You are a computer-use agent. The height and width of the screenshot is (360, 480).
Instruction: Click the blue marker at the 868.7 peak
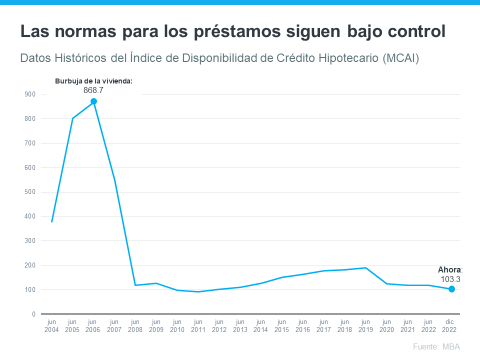93,101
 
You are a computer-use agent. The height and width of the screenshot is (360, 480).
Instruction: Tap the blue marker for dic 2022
451,289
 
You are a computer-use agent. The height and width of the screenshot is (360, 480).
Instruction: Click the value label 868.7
93,90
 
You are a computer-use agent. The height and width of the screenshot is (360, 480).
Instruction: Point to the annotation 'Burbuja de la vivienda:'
93,80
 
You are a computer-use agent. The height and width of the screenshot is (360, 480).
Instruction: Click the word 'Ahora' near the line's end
449,270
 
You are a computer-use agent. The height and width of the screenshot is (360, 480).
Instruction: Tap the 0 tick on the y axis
33,314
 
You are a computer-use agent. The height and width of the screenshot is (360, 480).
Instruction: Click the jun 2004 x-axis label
51,326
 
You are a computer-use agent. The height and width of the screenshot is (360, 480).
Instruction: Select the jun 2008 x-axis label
135,326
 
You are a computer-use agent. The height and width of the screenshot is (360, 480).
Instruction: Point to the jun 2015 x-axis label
282,326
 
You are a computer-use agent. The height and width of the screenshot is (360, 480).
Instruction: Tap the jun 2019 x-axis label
365,326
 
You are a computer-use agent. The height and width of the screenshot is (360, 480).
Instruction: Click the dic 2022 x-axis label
449,326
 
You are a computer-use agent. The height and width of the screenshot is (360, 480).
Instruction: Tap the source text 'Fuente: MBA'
436,347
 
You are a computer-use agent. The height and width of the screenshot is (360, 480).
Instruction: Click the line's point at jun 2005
72,118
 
